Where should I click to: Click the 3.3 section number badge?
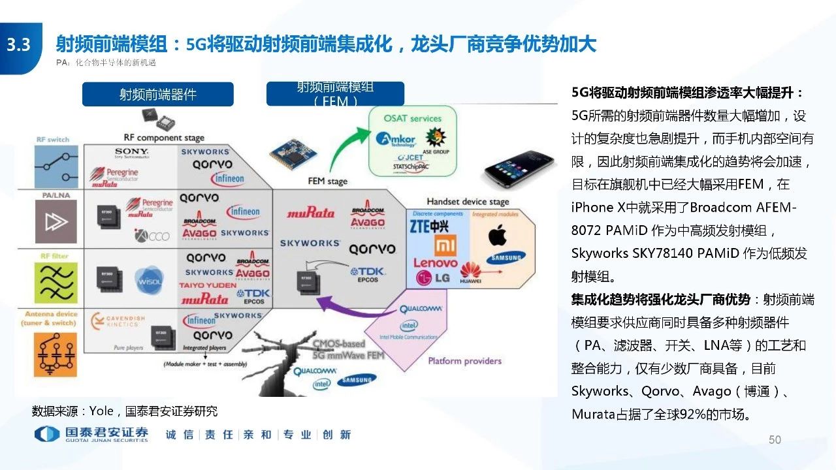(x=19, y=45)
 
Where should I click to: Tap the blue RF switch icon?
(x=56, y=166)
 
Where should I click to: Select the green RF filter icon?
(x=56, y=283)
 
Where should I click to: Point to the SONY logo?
(x=131, y=152)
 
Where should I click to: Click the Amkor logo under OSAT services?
(x=396, y=141)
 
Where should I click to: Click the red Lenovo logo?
(x=435, y=263)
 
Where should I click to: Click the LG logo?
(x=433, y=279)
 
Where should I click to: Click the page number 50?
(x=775, y=440)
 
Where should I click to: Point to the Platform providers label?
(x=464, y=361)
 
